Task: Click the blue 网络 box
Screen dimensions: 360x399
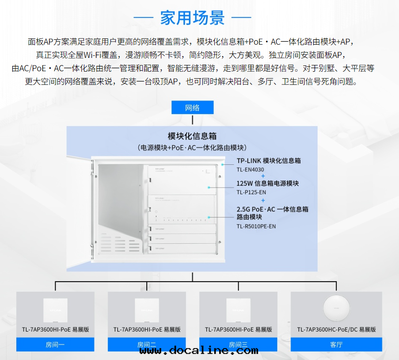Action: point(192,107)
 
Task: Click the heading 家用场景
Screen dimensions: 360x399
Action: point(192,18)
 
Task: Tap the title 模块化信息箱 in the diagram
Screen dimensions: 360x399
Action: point(192,136)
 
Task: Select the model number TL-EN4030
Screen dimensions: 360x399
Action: point(250,169)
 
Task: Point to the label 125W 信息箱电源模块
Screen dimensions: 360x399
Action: point(268,183)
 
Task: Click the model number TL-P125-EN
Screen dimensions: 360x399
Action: point(251,192)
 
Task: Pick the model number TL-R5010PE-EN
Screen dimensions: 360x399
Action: point(256,226)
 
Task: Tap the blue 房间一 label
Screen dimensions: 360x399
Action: point(55,345)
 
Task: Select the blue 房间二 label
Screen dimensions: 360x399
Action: point(147,345)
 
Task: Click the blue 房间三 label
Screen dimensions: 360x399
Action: point(238,345)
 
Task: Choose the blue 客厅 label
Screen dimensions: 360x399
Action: point(336,345)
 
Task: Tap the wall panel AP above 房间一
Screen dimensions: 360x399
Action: point(55,311)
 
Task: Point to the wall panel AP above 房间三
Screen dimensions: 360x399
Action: point(238,311)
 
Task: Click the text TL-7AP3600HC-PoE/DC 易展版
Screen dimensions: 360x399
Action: point(336,329)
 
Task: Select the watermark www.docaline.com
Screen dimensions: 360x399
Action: point(199,351)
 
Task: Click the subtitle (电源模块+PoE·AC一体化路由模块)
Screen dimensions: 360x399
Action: point(192,147)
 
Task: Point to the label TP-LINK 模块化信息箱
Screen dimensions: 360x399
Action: point(269,161)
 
